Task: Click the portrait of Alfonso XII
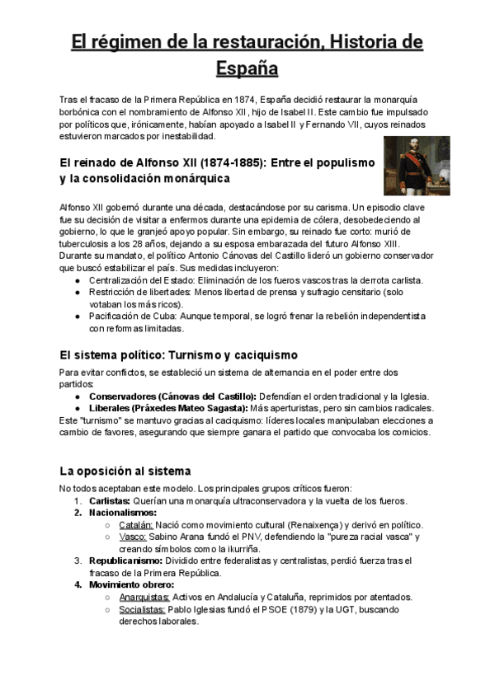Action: pos(417,166)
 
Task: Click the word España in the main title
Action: pos(247,67)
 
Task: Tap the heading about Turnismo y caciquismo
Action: pos(178,355)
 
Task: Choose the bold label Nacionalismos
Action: pos(123,513)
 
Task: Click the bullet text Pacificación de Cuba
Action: pos(144,316)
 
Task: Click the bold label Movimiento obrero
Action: pos(132,584)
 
